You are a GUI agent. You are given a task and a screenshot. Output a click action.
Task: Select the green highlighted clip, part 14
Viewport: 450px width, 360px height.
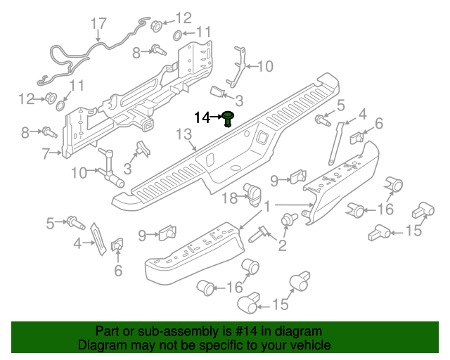pos(228,119)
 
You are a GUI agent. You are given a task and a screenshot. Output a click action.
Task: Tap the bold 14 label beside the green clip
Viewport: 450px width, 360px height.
pos(202,117)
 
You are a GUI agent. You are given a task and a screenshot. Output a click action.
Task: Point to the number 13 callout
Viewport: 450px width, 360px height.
pos(184,134)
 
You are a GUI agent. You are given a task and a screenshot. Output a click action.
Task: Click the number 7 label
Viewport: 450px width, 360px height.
pos(46,153)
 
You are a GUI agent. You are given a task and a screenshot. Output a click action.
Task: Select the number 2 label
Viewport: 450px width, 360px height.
pos(283,245)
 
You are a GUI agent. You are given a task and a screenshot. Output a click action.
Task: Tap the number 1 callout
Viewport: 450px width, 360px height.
pos(267,206)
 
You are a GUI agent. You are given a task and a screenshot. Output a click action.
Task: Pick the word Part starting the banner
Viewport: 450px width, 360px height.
pos(108,331)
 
